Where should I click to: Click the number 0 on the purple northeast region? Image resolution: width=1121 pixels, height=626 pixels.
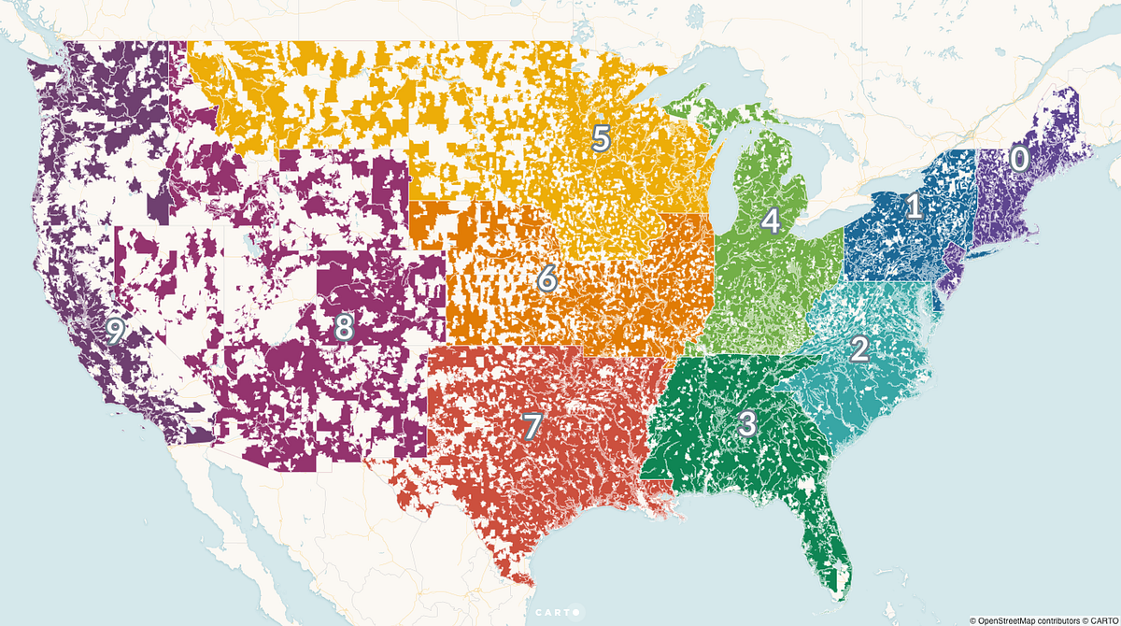1019,159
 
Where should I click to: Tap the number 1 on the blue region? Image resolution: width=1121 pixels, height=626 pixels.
915,206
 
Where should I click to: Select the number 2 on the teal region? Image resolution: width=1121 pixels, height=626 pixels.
859,349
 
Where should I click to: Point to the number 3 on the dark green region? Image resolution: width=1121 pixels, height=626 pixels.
747,423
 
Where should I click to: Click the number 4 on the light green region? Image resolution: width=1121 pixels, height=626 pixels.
770,221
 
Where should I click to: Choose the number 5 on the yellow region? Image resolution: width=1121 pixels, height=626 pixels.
601,138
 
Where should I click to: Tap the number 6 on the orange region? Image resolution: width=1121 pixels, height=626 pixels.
547,277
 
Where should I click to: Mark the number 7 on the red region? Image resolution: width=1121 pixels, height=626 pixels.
531,426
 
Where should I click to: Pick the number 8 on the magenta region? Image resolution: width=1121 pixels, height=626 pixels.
344,327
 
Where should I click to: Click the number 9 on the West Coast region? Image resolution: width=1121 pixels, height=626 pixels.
115,330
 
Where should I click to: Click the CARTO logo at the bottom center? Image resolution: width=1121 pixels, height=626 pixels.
558,613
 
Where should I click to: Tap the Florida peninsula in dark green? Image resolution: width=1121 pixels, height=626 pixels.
827,533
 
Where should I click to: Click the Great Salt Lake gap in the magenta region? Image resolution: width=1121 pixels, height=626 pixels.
250,249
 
